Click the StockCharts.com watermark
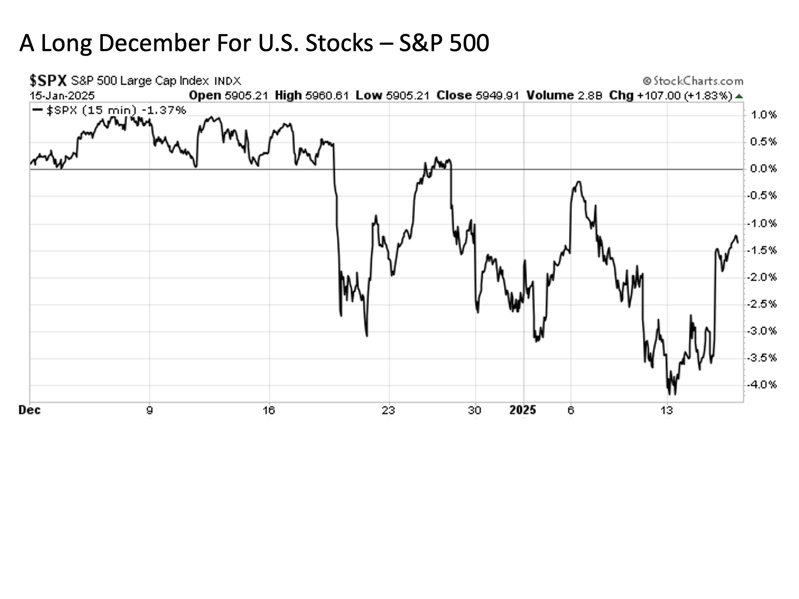(x=693, y=81)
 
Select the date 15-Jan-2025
(x=62, y=96)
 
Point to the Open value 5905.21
(x=246, y=96)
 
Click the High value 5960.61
(x=327, y=96)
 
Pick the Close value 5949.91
(x=497, y=96)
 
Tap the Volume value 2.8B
(x=591, y=96)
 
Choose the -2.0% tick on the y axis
(x=762, y=277)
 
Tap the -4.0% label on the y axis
(x=762, y=385)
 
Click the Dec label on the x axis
(x=30, y=411)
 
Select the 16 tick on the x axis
(x=269, y=411)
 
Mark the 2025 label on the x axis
(x=523, y=411)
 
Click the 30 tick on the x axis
(x=474, y=411)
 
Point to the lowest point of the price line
(x=675, y=394)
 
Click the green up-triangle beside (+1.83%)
(x=739, y=96)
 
